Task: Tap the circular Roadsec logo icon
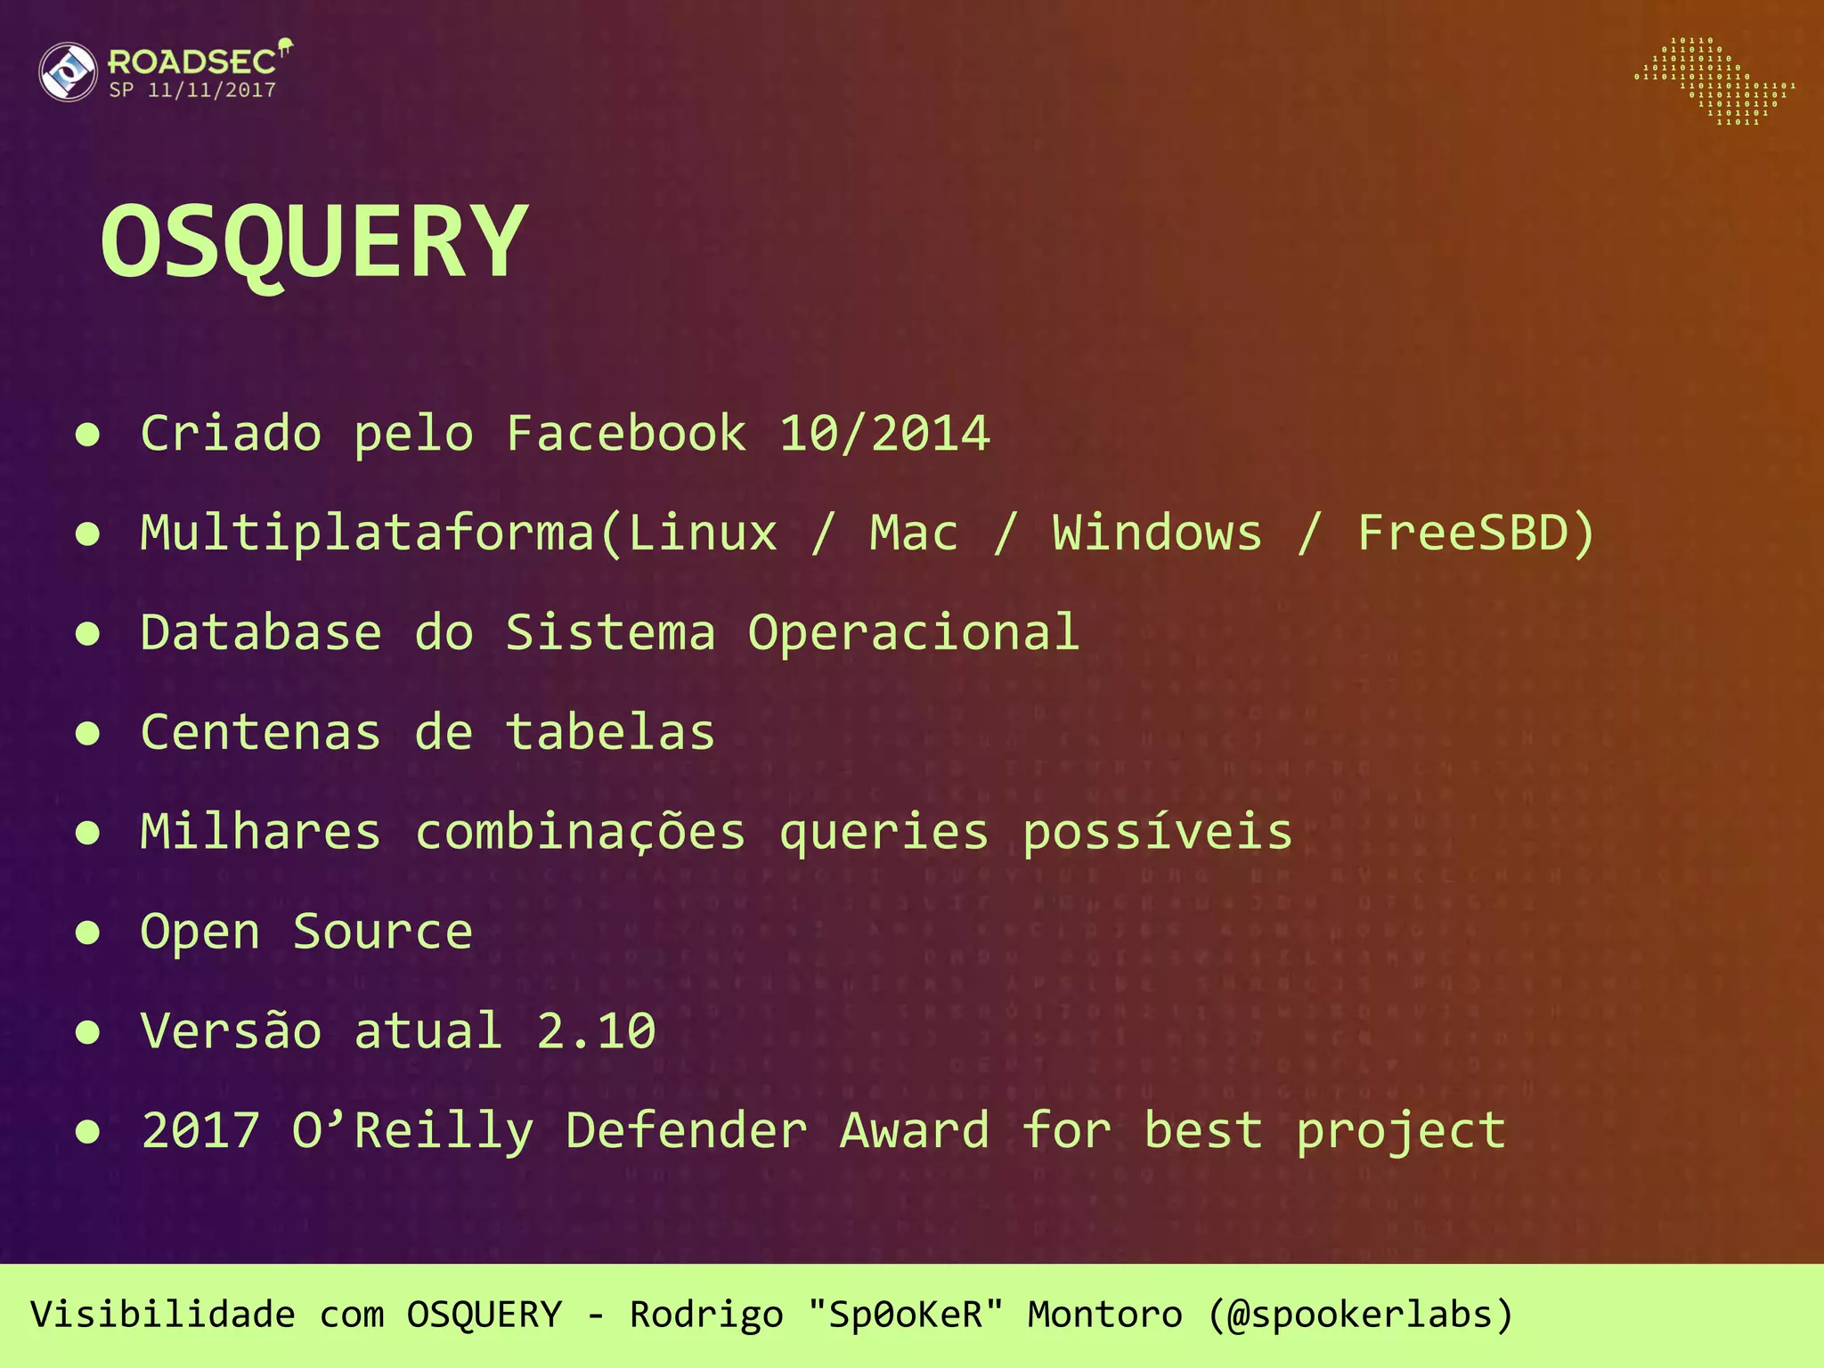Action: click(x=68, y=71)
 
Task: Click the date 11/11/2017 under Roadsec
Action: click(x=212, y=90)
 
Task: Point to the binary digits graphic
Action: click(x=1714, y=81)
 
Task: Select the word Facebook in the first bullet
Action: click(x=626, y=434)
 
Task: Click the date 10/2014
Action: click(x=884, y=434)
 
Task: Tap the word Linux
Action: click(x=703, y=533)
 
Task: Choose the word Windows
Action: click(x=1157, y=533)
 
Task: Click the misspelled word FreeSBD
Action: click(x=1462, y=533)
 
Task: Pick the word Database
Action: click(x=261, y=633)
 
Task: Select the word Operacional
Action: click(x=914, y=633)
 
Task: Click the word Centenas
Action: click(x=261, y=733)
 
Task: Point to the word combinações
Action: click(x=580, y=833)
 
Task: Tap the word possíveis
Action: click(x=1157, y=833)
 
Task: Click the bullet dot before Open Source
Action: click(x=87, y=932)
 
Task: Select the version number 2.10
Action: click(x=596, y=1031)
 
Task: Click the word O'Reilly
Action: click(x=413, y=1131)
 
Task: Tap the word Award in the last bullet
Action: click(x=915, y=1131)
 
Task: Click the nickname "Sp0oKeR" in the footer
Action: click(x=905, y=1315)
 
